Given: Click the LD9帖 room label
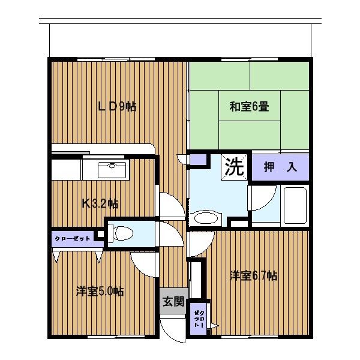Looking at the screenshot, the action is (x=117, y=107).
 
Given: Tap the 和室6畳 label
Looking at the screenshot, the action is (x=249, y=107).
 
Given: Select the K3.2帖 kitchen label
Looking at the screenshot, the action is (x=100, y=203).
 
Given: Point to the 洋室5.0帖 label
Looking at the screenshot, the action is (x=100, y=292).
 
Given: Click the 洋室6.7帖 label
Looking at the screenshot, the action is (x=254, y=275).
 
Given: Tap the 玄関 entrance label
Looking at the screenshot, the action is (x=173, y=301).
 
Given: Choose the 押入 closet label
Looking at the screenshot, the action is (x=280, y=167).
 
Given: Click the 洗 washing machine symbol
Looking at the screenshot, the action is (x=235, y=167).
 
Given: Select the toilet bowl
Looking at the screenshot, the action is (x=121, y=234).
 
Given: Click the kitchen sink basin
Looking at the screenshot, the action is (x=112, y=170).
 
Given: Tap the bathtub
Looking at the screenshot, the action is (x=295, y=205).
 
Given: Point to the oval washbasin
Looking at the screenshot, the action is (x=205, y=217).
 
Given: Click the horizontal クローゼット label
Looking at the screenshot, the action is (x=73, y=239).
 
